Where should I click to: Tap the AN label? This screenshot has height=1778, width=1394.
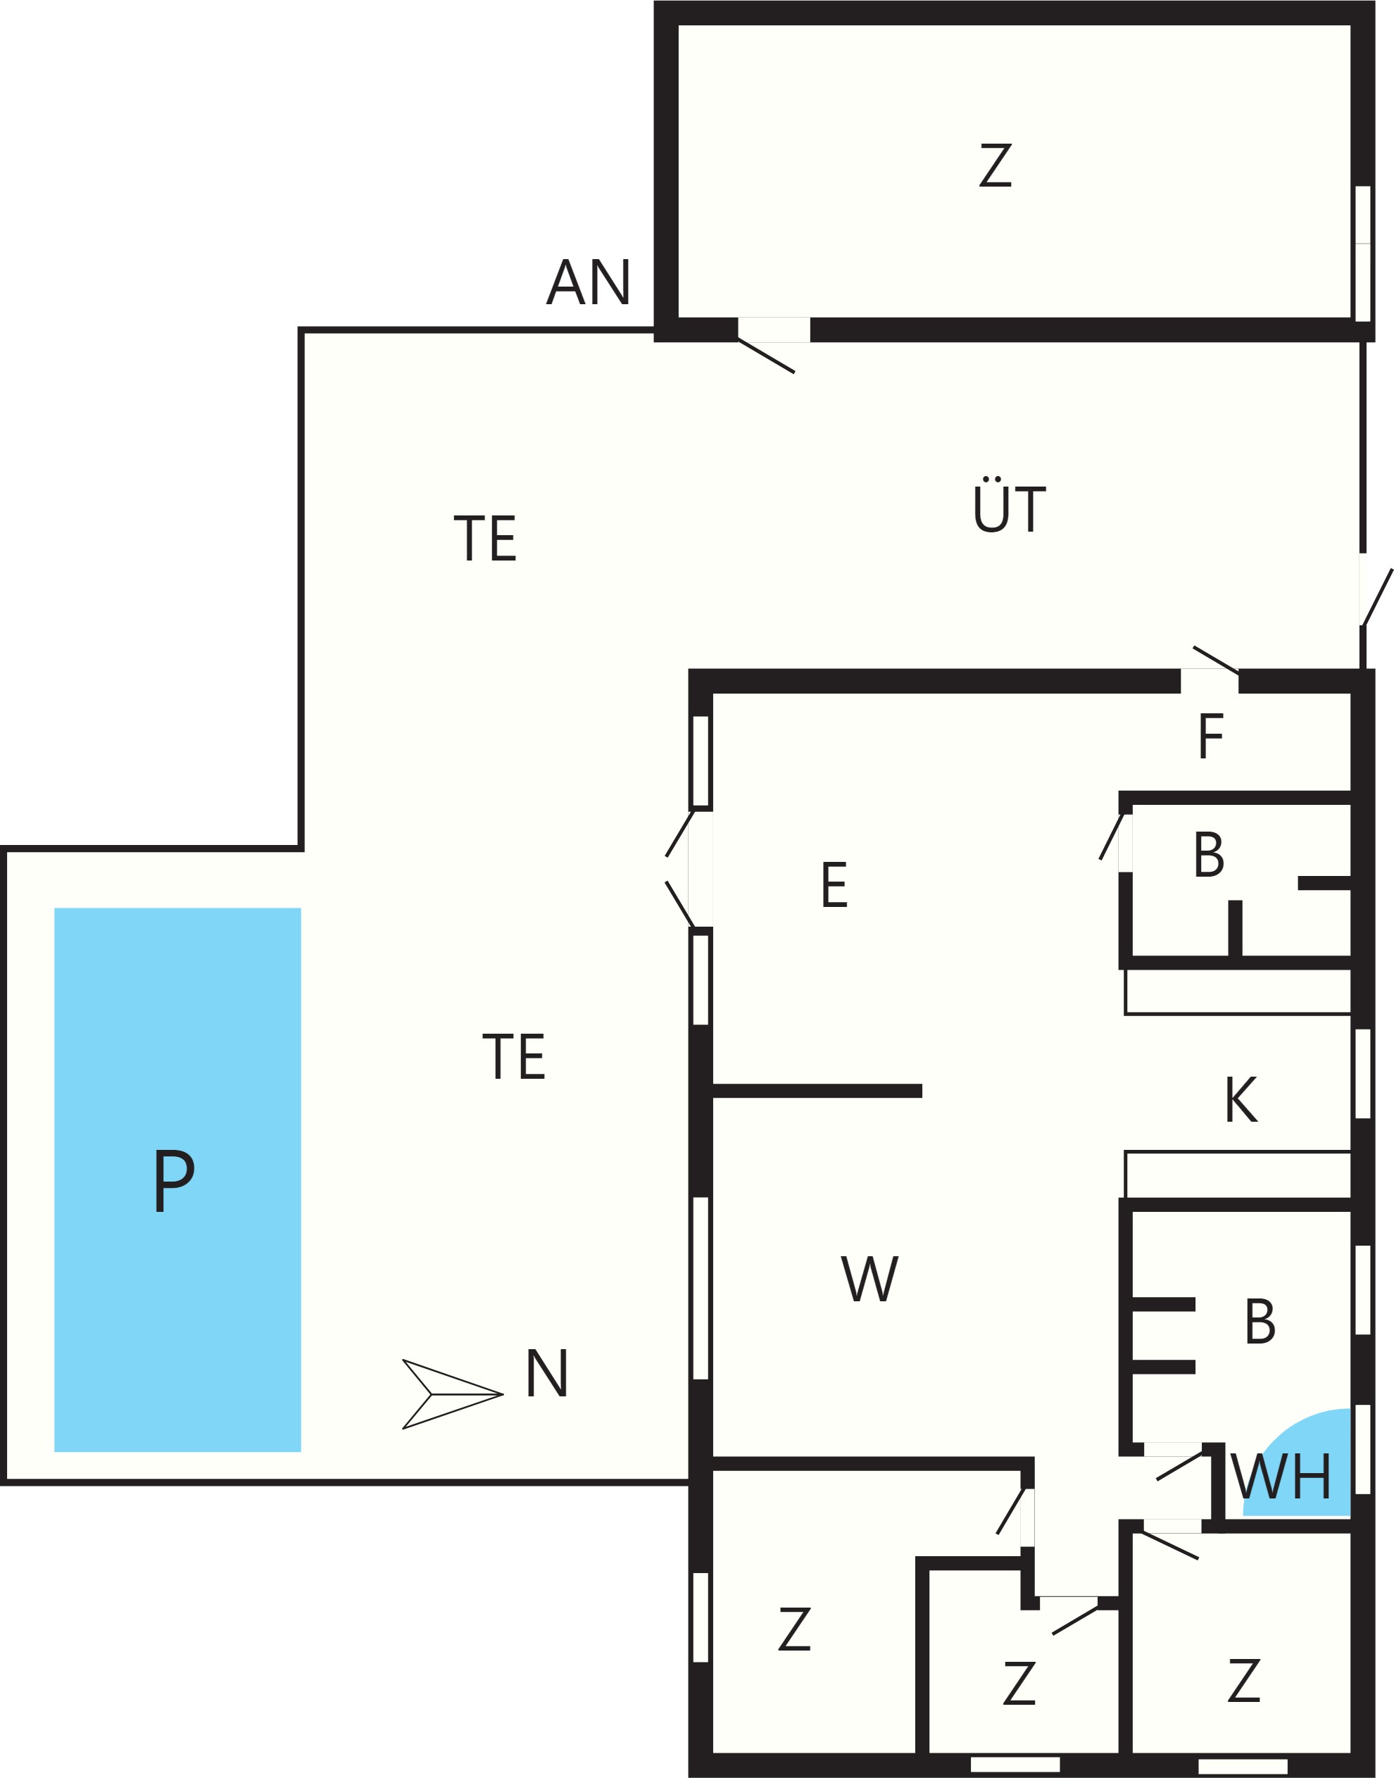coord(589,282)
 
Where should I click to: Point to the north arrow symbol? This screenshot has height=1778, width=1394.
coord(452,1394)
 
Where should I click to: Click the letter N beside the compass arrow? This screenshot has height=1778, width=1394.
coord(547,1373)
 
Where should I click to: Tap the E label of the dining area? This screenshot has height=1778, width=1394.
coord(834,884)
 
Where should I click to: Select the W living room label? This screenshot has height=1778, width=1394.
coord(870,1278)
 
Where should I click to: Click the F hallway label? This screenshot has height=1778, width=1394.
coord(1211,736)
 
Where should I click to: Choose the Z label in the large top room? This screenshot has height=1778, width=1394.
coord(996,165)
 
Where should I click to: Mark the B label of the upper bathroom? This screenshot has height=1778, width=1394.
coord(1209,855)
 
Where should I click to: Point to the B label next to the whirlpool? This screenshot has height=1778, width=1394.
coord(1260,1321)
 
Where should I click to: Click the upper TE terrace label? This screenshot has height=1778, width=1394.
coord(485,538)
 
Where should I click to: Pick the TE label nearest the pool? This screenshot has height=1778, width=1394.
coord(513,1056)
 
